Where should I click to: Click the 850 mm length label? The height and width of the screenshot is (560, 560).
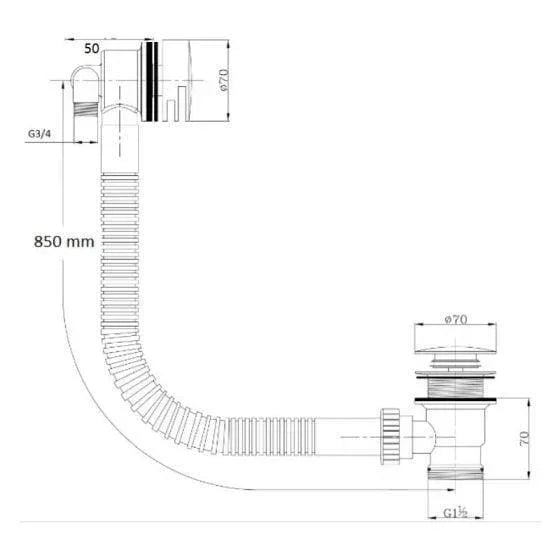click(64, 242)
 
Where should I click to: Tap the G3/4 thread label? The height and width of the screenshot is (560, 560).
click(39, 134)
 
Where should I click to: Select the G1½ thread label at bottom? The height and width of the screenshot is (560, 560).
click(455, 513)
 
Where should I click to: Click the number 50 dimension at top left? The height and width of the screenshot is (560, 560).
click(92, 49)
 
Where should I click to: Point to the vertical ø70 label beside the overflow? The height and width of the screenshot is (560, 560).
click(224, 80)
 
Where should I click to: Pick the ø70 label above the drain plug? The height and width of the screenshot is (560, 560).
click(456, 319)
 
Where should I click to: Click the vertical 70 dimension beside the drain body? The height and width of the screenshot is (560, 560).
click(524, 438)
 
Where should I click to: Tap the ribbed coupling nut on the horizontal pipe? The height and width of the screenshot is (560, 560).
click(390, 436)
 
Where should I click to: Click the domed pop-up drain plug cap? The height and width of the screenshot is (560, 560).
click(455, 350)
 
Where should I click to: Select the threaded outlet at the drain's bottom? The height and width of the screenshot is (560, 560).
click(456, 472)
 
